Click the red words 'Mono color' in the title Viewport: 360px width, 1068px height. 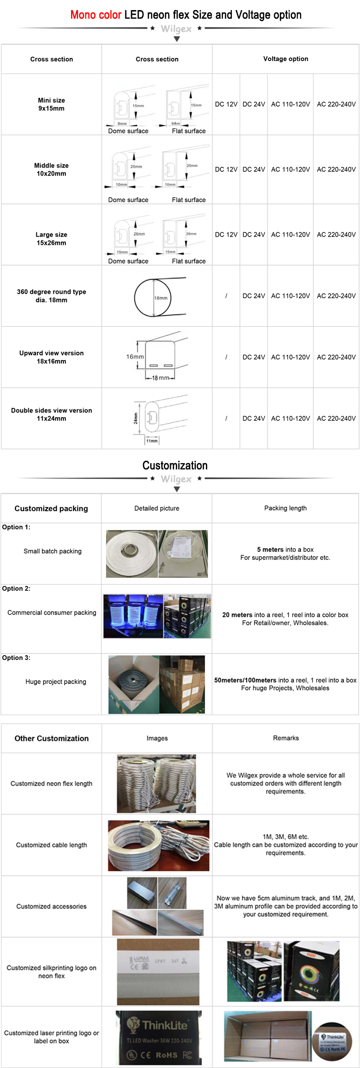point(96,15)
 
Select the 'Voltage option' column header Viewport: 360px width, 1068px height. point(286,59)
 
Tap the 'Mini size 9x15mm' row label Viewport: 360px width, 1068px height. point(51,104)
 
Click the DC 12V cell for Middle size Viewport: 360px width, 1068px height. point(226,169)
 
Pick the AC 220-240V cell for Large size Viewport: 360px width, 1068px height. point(336,235)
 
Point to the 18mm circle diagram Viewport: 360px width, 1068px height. point(153,298)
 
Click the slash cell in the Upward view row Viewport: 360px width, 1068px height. point(226,357)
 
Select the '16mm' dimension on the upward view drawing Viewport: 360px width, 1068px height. point(135,357)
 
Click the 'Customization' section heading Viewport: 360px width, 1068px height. point(175,465)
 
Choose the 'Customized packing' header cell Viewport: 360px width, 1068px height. point(51,508)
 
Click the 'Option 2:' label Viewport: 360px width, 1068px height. point(16,588)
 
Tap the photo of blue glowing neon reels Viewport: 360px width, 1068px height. point(133,616)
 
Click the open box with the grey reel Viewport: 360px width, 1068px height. point(133,684)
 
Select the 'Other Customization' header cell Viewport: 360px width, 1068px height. point(51,738)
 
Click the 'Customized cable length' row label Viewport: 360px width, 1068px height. point(51,845)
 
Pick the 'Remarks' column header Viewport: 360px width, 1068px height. point(286,738)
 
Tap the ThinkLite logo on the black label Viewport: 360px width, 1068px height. point(158,1026)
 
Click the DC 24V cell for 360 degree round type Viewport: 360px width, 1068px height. point(253,296)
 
